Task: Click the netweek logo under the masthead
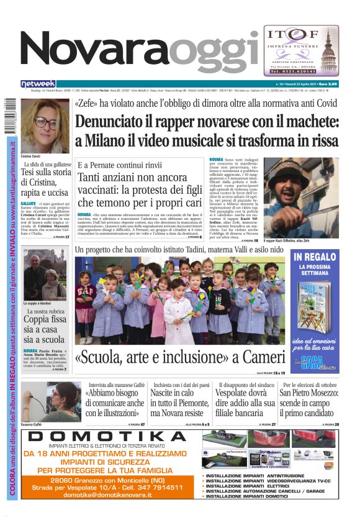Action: pos(38,84)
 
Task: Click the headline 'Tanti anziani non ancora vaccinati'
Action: pos(140,190)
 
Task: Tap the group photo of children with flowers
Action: pos(180,301)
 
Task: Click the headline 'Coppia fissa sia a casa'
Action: pos(45,329)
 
